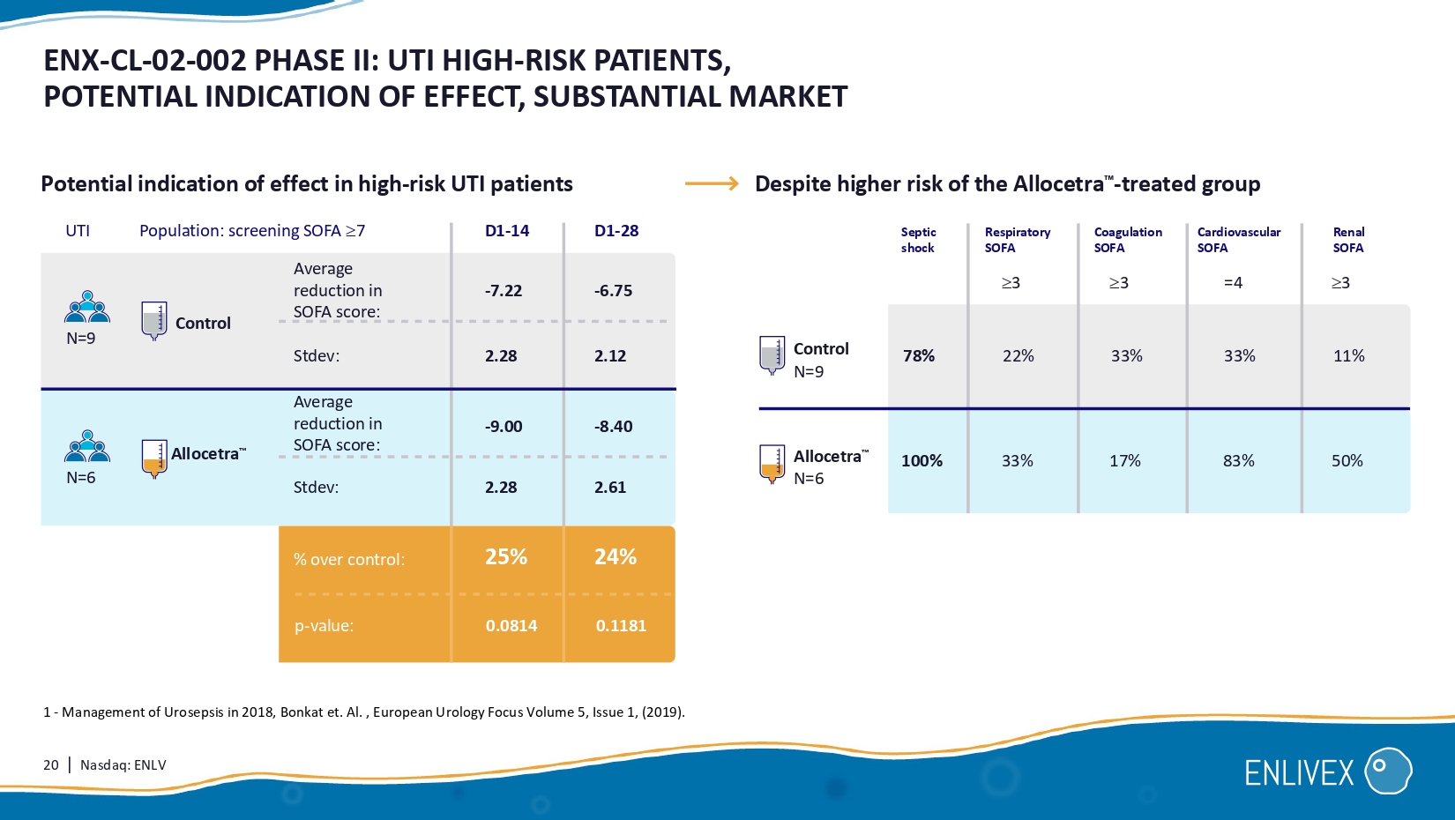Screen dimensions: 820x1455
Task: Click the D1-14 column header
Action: coord(507,231)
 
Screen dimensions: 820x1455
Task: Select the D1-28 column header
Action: coord(616,231)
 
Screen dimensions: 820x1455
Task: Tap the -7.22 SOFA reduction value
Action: coord(504,291)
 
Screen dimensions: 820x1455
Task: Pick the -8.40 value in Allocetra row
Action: coord(613,427)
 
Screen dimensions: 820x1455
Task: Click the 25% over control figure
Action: coord(506,557)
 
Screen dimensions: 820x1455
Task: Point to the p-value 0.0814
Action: coord(511,626)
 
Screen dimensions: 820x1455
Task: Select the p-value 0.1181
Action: coord(621,626)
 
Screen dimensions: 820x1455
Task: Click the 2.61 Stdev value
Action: coord(610,488)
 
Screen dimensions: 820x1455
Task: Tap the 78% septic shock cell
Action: coord(919,356)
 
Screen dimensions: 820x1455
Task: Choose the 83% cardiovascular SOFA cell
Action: coord(1239,461)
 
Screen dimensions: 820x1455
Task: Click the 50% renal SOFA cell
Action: coord(1347,461)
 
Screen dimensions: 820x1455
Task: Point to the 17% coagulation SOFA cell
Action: coord(1125,461)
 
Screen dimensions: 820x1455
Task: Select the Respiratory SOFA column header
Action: coord(1018,240)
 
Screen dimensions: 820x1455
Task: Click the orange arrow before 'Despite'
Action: coord(712,183)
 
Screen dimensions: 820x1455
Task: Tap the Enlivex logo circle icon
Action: coord(1388,772)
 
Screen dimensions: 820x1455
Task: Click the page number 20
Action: coord(51,765)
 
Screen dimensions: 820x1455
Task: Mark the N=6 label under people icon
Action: coord(81,478)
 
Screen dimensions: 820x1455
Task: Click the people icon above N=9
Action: coord(87,307)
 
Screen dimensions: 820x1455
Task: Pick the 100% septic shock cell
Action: coord(921,461)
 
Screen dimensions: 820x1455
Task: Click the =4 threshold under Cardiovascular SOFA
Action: coord(1233,283)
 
